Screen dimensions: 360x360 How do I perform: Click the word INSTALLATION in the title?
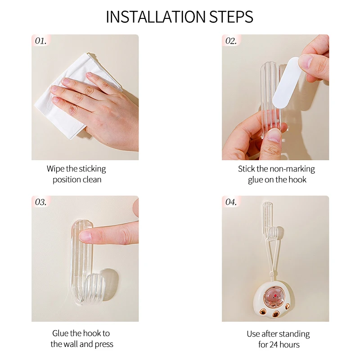(155, 17)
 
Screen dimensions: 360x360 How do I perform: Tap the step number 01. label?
(40, 41)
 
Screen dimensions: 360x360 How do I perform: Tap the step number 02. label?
(231, 41)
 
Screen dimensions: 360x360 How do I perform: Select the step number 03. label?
(40, 202)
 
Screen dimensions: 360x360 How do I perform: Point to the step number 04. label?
(231, 202)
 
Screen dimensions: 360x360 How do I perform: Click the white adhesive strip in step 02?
(286, 84)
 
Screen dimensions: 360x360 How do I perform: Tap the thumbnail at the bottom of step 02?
(274, 135)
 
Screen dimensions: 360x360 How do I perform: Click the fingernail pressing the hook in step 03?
(85, 236)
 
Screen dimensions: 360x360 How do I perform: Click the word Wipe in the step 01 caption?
(55, 169)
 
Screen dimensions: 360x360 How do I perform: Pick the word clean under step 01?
(92, 180)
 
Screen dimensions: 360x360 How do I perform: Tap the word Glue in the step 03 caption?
(60, 333)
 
